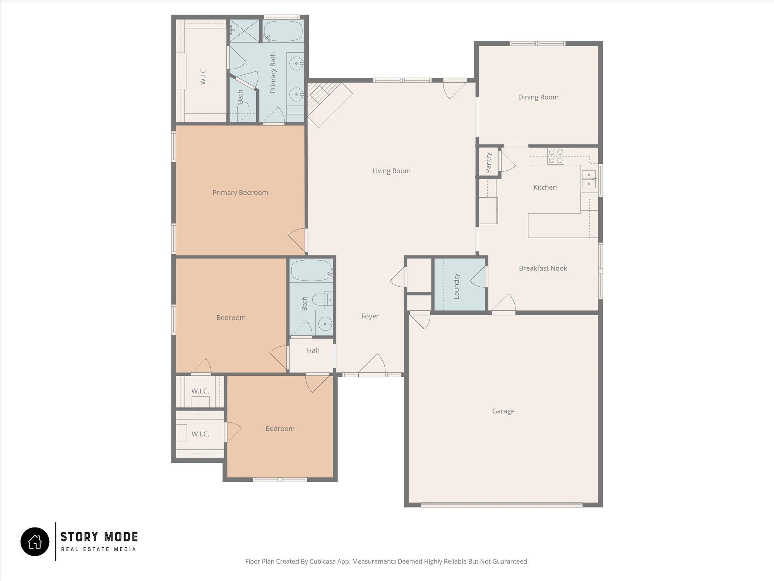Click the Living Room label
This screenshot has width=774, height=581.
[391, 171]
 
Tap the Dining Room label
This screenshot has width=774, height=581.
[538, 97]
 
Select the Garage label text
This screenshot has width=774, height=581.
[503, 411]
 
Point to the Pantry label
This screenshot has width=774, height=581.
[488, 162]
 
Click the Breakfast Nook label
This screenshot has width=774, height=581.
[543, 268]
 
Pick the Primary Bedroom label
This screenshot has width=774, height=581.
[240, 193]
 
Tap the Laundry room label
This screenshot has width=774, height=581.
[456, 286]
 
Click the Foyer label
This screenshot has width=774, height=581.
[370, 316]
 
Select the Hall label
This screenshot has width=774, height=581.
[313, 351]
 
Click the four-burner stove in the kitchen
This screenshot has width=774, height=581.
[555, 156]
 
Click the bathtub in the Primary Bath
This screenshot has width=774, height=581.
[283, 31]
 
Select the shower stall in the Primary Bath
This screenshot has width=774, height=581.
[244, 31]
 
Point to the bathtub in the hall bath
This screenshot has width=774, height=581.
[312, 270]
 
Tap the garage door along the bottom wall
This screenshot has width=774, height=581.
[502, 504]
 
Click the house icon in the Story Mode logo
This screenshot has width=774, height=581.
[35, 541]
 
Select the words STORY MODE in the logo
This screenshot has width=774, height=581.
[99, 537]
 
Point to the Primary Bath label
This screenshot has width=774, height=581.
[273, 72]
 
